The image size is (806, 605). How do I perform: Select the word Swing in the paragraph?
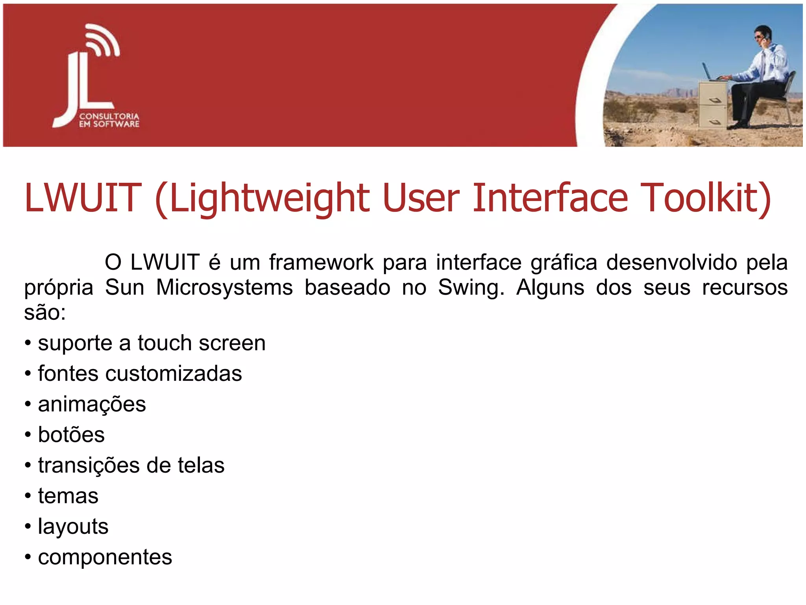[x=471, y=288]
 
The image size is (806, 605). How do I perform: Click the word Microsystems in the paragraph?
[x=224, y=288]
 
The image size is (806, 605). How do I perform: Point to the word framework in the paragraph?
[x=321, y=262]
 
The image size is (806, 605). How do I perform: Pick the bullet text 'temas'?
[x=68, y=496]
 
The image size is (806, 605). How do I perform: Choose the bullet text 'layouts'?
[x=73, y=527]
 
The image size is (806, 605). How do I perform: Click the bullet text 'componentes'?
[x=105, y=557]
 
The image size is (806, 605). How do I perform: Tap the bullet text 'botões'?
[x=71, y=435]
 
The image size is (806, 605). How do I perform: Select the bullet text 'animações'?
[x=92, y=405]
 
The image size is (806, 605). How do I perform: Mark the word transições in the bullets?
[x=89, y=466]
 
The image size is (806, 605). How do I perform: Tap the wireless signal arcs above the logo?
[x=102, y=41]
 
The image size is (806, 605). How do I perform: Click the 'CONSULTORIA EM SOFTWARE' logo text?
[x=109, y=120]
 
